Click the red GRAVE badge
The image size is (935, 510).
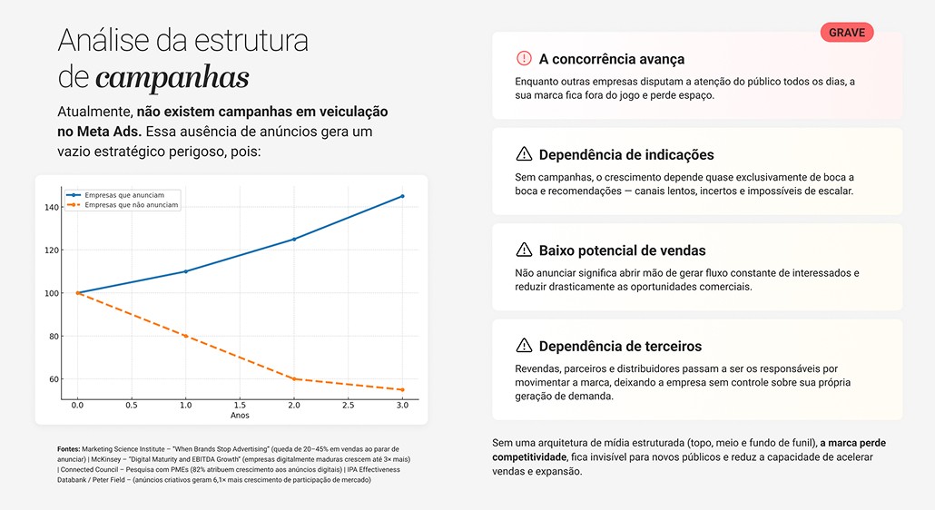[846, 33]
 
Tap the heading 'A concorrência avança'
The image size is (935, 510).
[611, 59]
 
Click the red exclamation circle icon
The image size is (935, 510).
[524, 59]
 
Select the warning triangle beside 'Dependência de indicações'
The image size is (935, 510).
[524, 154]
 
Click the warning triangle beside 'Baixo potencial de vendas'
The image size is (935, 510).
[524, 250]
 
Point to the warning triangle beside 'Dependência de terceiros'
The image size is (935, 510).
[524, 346]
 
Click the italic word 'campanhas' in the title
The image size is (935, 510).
[172, 78]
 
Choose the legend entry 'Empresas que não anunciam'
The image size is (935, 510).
[131, 205]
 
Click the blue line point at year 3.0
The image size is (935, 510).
[401, 196]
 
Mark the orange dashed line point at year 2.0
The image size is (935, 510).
[293, 378]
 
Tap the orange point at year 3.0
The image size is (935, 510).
[401, 390]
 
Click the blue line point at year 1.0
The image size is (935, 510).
[186, 271]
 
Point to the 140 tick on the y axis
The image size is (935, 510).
[51, 207]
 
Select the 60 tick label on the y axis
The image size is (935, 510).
[53, 379]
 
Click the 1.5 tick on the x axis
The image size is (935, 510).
[240, 406]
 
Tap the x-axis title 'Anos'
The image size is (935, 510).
[240, 416]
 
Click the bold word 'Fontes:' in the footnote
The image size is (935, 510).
[68, 449]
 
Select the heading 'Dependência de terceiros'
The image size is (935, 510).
[620, 346]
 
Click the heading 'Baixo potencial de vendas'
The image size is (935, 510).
[622, 250]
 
